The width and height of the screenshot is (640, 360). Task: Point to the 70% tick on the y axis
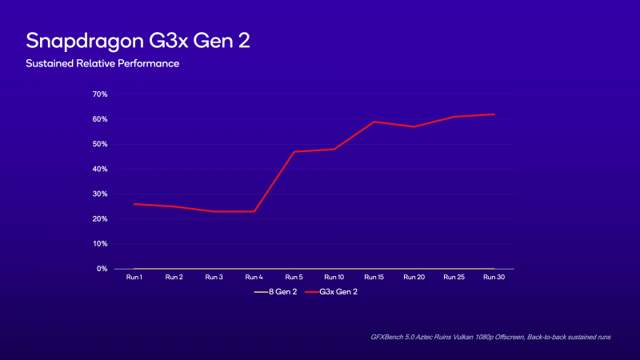[101, 94]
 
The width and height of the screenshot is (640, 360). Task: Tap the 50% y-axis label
[101, 144]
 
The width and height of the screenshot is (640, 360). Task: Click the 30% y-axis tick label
[101, 194]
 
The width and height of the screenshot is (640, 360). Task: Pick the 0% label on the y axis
[102, 269]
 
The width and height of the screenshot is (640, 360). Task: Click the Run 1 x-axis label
[134, 277]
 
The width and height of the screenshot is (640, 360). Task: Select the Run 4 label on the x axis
[254, 277]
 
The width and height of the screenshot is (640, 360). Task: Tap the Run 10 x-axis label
[334, 277]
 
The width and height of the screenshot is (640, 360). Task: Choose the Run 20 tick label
[414, 277]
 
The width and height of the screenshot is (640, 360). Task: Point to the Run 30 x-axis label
[494, 277]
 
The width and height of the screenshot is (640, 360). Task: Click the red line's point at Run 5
[294, 151]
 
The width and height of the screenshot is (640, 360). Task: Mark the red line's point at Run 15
[374, 122]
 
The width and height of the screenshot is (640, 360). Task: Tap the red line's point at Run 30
[494, 114]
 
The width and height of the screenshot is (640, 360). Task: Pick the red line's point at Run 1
[134, 204]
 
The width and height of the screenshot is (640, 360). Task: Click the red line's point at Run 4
[254, 211]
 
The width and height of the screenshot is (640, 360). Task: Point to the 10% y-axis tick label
[101, 244]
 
